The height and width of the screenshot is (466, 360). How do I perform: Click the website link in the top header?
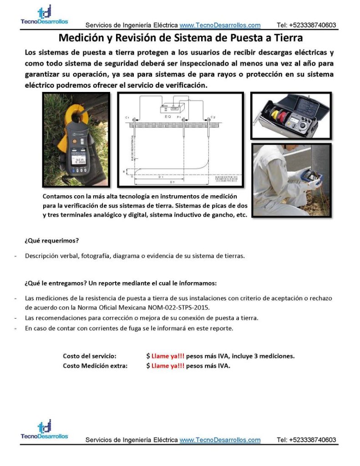(220, 25)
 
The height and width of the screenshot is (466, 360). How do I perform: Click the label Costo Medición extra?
(95, 365)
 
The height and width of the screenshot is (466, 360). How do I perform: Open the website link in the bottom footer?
(220, 440)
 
